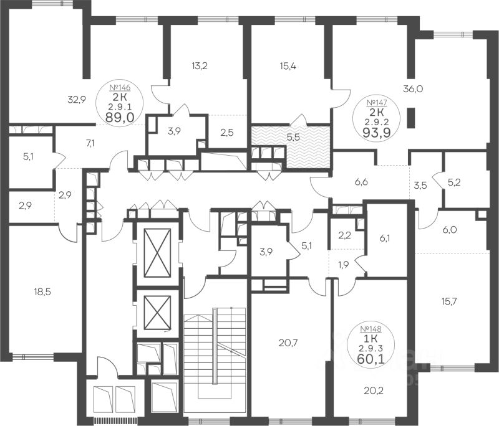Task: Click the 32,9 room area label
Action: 77,100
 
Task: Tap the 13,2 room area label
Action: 200,66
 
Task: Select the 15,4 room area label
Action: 288,67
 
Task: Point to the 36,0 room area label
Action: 413,89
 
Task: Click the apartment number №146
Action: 120,87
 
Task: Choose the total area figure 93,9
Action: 377,133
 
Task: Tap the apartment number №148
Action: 371,329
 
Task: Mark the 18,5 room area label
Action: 42,291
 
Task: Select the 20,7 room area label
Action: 288,343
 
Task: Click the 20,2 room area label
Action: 374,391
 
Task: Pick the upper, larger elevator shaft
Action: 157,253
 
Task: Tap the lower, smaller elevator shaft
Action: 157,313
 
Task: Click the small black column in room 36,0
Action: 411,118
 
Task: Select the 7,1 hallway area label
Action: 90,143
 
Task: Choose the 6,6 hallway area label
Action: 361,182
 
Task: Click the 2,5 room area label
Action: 227,133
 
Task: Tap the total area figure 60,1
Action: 371,358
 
